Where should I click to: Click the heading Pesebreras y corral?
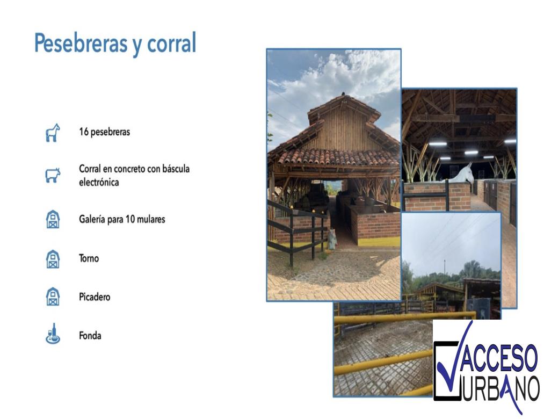(x=115, y=44)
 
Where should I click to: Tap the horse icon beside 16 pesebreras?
(x=53, y=133)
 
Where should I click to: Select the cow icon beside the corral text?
(x=53, y=175)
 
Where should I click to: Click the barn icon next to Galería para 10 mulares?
(x=53, y=219)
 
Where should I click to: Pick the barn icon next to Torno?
(x=53, y=259)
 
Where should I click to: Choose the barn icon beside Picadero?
(x=53, y=297)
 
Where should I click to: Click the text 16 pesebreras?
(x=104, y=132)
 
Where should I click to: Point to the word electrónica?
(x=99, y=183)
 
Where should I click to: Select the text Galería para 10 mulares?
(x=122, y=219)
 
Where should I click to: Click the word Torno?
(x=89, y=258)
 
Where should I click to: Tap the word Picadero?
(x=95, y=297)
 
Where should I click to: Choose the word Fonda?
(x=90, y=336)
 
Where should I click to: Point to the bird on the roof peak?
(x=343, y=94)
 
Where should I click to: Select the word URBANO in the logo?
(x=500, y=388)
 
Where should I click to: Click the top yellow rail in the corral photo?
(x=404, y=317)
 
